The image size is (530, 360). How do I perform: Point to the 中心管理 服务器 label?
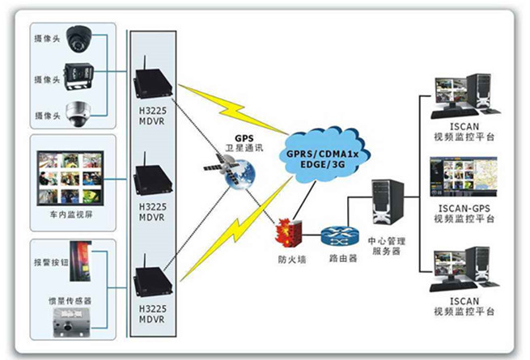point(384,246)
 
